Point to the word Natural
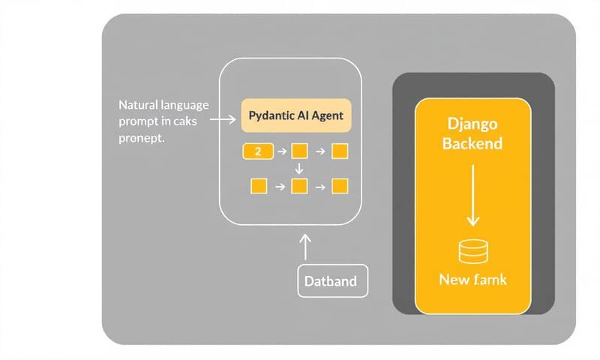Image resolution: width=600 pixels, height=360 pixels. pos(137,104)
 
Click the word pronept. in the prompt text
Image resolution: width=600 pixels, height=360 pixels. pos(142,139)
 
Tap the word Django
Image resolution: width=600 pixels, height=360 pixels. pos(473,123)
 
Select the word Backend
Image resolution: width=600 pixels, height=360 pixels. pos(472,142)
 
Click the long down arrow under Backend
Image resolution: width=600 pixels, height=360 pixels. pos(472,195)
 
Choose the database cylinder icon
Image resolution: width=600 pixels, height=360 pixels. pos(472,251)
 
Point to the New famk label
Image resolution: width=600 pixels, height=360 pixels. pos(472,280)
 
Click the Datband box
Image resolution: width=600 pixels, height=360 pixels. pos(331,282)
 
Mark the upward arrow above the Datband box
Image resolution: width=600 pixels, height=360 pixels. pos(304,246)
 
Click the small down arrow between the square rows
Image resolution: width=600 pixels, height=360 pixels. pos(299,169)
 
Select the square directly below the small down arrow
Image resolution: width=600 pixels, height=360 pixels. pos(299,185)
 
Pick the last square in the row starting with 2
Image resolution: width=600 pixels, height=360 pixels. pos(340,151)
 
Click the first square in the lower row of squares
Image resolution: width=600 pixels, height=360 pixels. pos(259,185)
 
